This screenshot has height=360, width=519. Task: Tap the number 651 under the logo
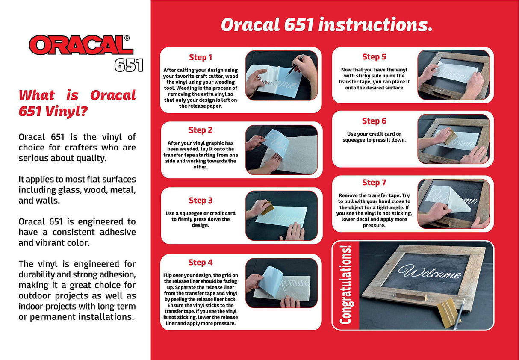(x=128, y=65)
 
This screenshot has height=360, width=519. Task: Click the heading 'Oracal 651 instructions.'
(x=326, y=25)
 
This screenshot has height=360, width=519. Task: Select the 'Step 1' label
(x=201, y=57)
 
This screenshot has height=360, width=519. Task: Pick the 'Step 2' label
(x=201, y=130)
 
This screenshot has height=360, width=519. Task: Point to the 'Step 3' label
(x=201, y=200)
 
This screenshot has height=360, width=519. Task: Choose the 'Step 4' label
(x=201, y=262)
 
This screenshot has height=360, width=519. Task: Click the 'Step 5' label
(x=374, y=56)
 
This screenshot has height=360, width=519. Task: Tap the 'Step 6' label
(x=374, y=121)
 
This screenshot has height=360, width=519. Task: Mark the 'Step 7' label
(x=374, y=183)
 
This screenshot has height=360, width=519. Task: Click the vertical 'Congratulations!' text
(x=345, y=285)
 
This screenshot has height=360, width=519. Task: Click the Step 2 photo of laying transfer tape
(x=281, y=150)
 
